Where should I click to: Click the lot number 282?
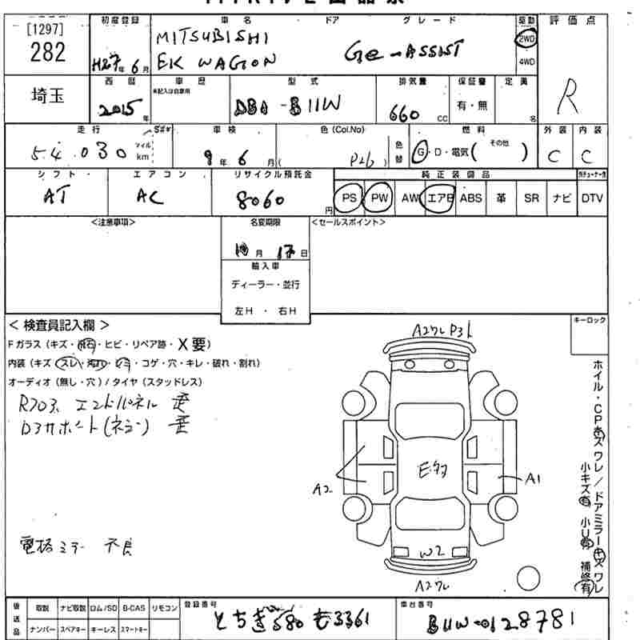click(x=47, y=54)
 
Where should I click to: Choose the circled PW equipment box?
click(x=378, y=198)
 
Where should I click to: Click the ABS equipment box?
click(x=471, y=198)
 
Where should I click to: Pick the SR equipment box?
click(x=531, y=198)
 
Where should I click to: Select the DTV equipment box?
click(x=592, y=198)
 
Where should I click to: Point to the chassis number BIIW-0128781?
click(x=501, y=621)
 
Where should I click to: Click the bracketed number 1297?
click(x=46, y=29)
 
